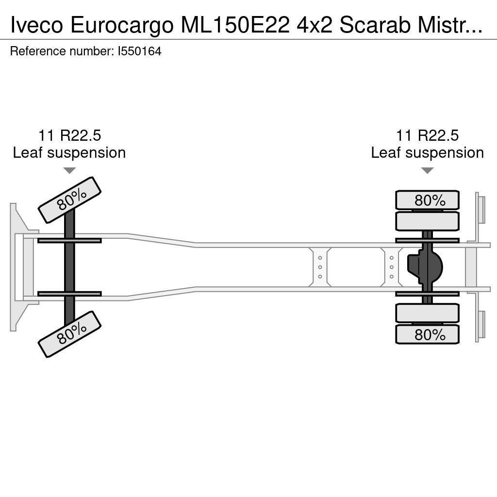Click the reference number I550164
point(139,51)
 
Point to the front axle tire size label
point(69,135)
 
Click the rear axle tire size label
point(427,135)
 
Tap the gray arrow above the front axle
point(69,170)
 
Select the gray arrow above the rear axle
point(427,170)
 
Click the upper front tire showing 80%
point(69,200)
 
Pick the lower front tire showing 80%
point(69,334)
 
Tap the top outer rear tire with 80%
point(427,200)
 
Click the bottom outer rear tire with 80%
point(427,334)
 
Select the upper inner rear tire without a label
point(427,221)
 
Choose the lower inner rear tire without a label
point(427,313)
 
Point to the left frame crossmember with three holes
point(320,267)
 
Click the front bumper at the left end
point(17,267)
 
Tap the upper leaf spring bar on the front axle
point(69,240)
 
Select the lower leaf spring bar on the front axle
point(69,294)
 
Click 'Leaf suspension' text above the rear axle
point(427,153)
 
